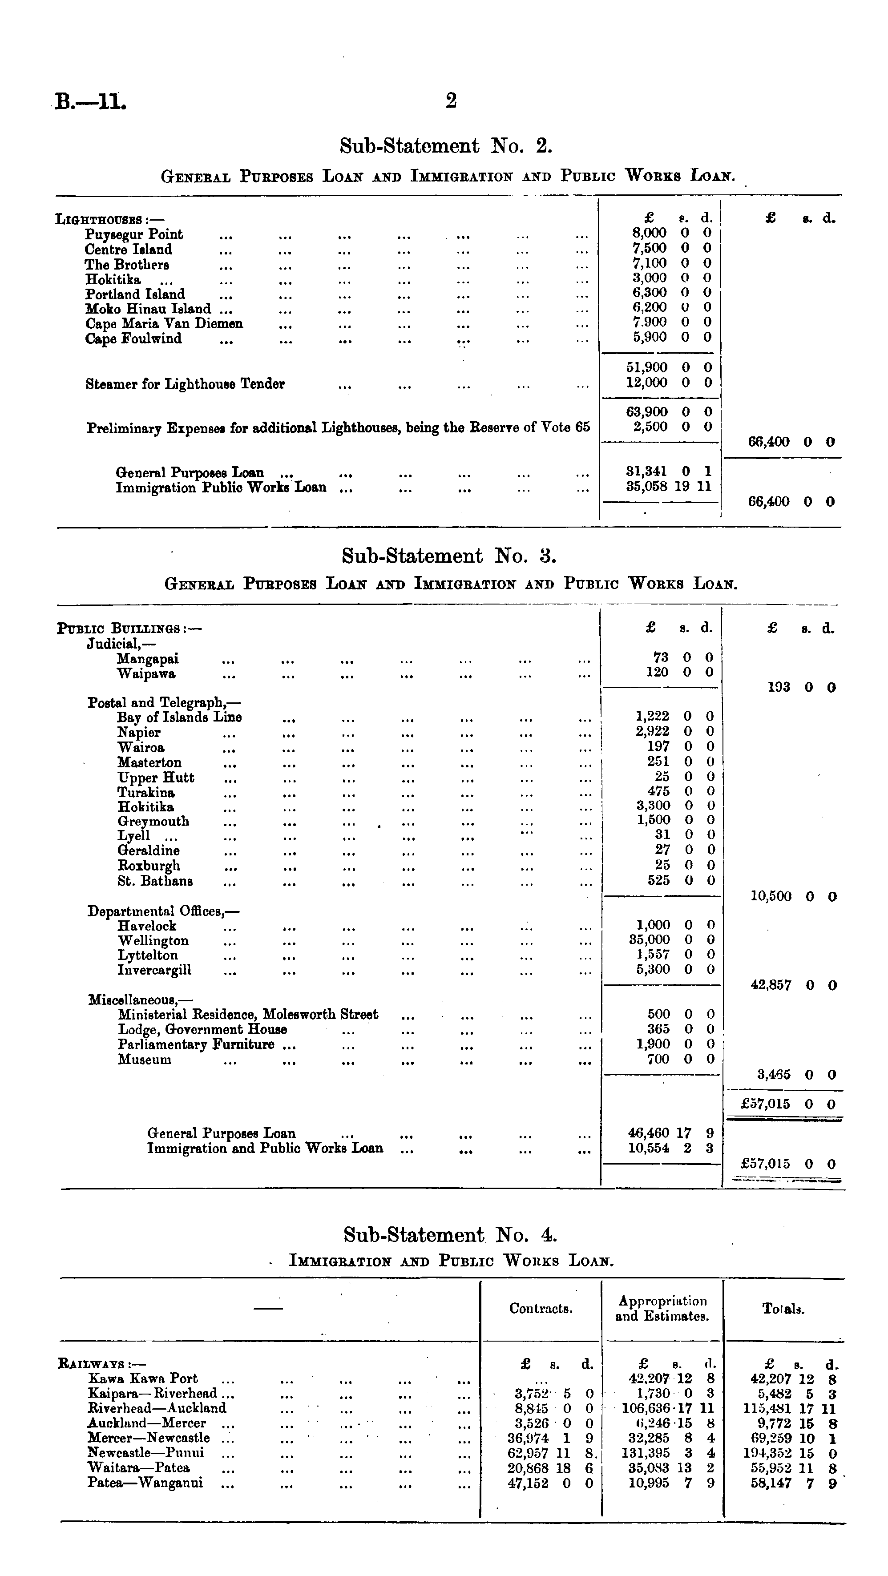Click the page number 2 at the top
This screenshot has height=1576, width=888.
[x=451, y=101]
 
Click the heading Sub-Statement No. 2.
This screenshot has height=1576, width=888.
[x=446, y=146]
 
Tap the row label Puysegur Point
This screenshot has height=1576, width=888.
[x=133, y=234]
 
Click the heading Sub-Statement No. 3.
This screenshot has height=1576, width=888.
[x=448, y=556]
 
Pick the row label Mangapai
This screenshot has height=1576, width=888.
[x=148, y=659]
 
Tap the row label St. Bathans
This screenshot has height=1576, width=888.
[x=155, y=882]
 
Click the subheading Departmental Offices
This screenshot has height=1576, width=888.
[x=163, y=911]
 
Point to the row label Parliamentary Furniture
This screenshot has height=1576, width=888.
[x=196, y=1045]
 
